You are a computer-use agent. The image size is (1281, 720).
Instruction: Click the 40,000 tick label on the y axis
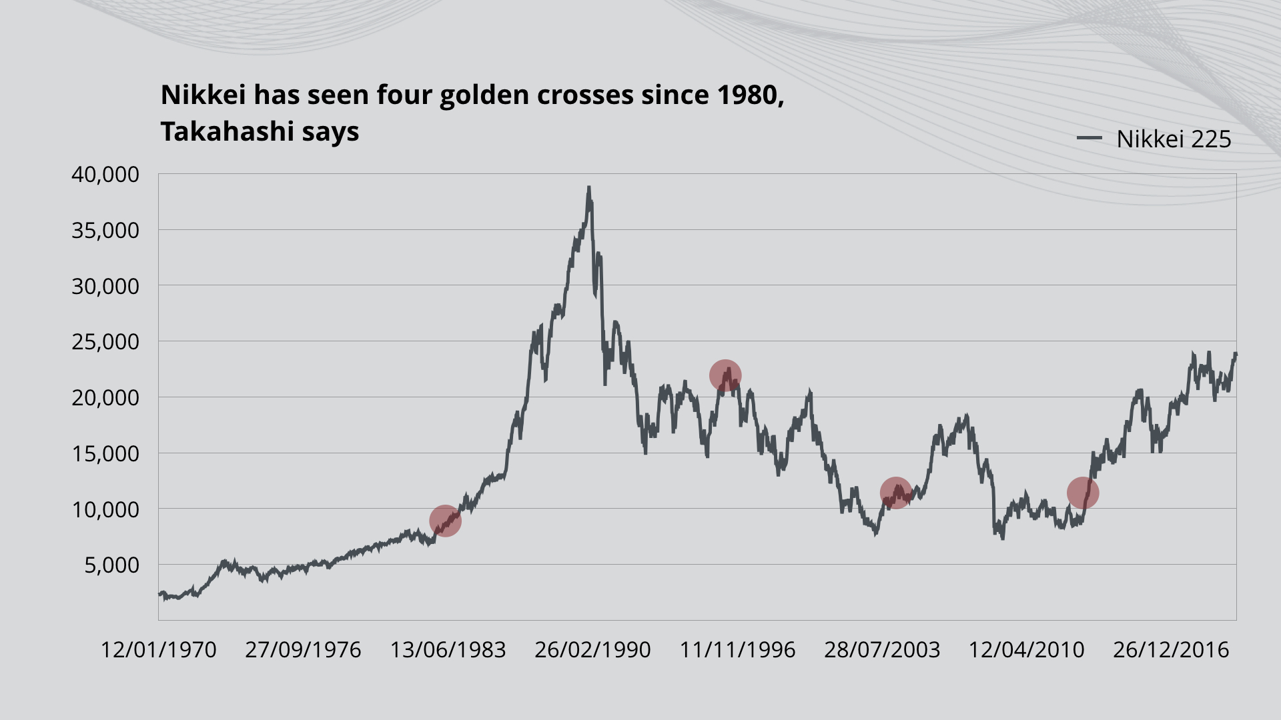click(105, 175)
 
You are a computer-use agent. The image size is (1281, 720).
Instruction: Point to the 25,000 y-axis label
click(105, 342)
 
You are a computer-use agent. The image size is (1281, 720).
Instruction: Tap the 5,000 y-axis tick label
click(111, 565)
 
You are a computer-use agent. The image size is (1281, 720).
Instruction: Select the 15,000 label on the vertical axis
click(105, 454)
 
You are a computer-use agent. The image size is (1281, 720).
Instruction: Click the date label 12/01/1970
click(158, 650)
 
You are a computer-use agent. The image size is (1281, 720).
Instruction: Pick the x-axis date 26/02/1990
click(592, 650)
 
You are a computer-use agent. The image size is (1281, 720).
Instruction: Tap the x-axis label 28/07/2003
click(882, 650)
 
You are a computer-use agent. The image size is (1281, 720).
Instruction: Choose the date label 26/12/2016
click(1171, 650)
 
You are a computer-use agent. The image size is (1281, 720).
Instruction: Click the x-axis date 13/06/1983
click(448, 650)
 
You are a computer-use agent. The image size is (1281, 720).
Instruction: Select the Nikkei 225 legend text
click(1174, 139)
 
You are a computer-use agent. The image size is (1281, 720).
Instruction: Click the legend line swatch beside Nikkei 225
click(1089, 139)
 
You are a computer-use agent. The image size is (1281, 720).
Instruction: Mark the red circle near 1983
click(445, 521)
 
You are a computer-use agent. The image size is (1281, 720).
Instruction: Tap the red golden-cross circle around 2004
click(895, 493)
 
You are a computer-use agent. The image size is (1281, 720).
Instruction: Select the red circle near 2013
click(1082, 493)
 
